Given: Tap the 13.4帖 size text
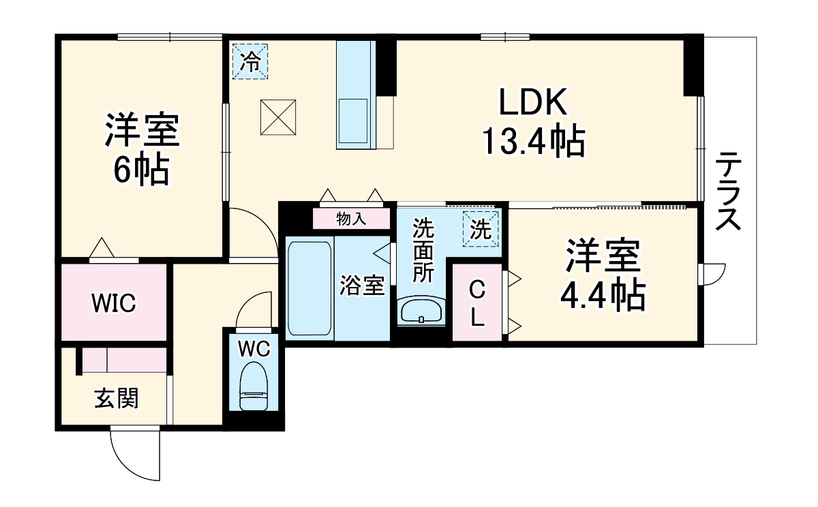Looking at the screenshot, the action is tap(534, 141).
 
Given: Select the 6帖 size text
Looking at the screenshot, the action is tap(142, 170).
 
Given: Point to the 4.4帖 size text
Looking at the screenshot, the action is tap(603, 295).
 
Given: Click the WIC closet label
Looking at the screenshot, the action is tap(114, 303).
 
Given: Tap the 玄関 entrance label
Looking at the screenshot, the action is tap(117, 398).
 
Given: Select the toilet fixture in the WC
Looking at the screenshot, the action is tap(254, 386).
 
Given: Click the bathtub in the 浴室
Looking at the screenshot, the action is tap(309, 288).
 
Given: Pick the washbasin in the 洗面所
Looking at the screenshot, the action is tap(421, 311).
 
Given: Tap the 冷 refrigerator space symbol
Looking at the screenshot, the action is tap(251, 61).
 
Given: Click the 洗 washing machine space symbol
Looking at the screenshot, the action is tap(481, 229).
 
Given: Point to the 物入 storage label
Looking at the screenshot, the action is tap(351, 219).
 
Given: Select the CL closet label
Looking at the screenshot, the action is tap(477, 305).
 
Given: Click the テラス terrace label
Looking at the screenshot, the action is tap(728, 191).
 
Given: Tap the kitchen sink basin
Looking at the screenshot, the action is tap(354, 121).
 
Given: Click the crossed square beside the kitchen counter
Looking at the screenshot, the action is tap(278, 117).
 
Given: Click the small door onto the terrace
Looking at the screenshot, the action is tap(712, 274).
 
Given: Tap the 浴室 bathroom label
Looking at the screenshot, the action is tap(362, 285).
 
